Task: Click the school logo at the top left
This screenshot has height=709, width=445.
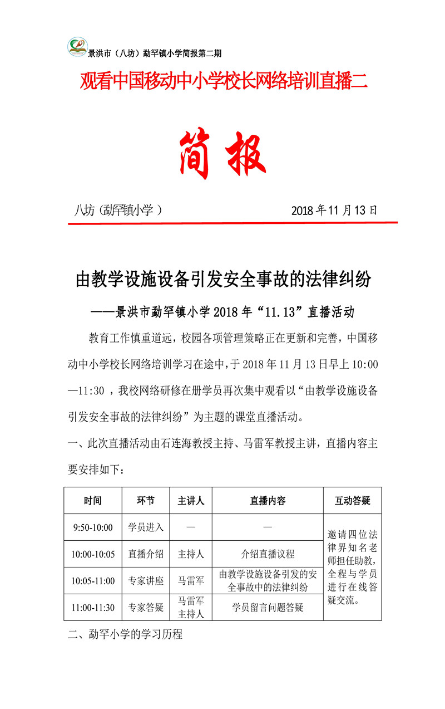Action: click(x=78, y=47)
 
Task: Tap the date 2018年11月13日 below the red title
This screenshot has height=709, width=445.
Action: click(x=334, y=211)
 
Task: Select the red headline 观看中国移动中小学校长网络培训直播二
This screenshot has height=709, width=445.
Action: click(x=224, y=82)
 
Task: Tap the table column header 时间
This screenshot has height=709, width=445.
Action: click(x=93, y=500)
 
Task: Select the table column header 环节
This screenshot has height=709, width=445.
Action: click(x=146, y=500)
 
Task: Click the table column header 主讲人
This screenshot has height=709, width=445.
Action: click(x=191, y=500)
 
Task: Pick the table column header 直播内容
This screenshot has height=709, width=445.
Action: click(x=268, y=500)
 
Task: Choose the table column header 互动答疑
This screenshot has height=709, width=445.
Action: click(x=352, y=500)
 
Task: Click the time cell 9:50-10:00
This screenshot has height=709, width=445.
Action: click(x=93, y=527)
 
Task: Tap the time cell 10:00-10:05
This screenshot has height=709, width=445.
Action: click(x=93, y=554)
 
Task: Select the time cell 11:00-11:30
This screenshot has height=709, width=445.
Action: click(x=93, y=607)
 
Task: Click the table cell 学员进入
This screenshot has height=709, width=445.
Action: click(x=146, y=527)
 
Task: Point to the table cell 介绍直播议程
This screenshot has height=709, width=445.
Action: click(x=268, y=554)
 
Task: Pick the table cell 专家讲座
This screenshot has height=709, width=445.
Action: click(x=146, y=580)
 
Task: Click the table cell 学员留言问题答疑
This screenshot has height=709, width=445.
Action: click(x=268, y=607)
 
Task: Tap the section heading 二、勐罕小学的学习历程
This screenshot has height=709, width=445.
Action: click(x=125, y=634)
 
